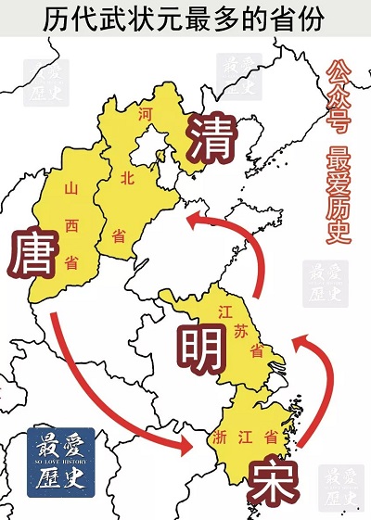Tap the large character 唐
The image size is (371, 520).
[x=37, y=257]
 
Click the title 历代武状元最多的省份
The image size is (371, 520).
[x=185, y=18]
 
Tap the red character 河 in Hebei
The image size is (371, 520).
[x=144, y=115]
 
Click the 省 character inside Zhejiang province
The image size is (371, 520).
[x=271, y=435]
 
